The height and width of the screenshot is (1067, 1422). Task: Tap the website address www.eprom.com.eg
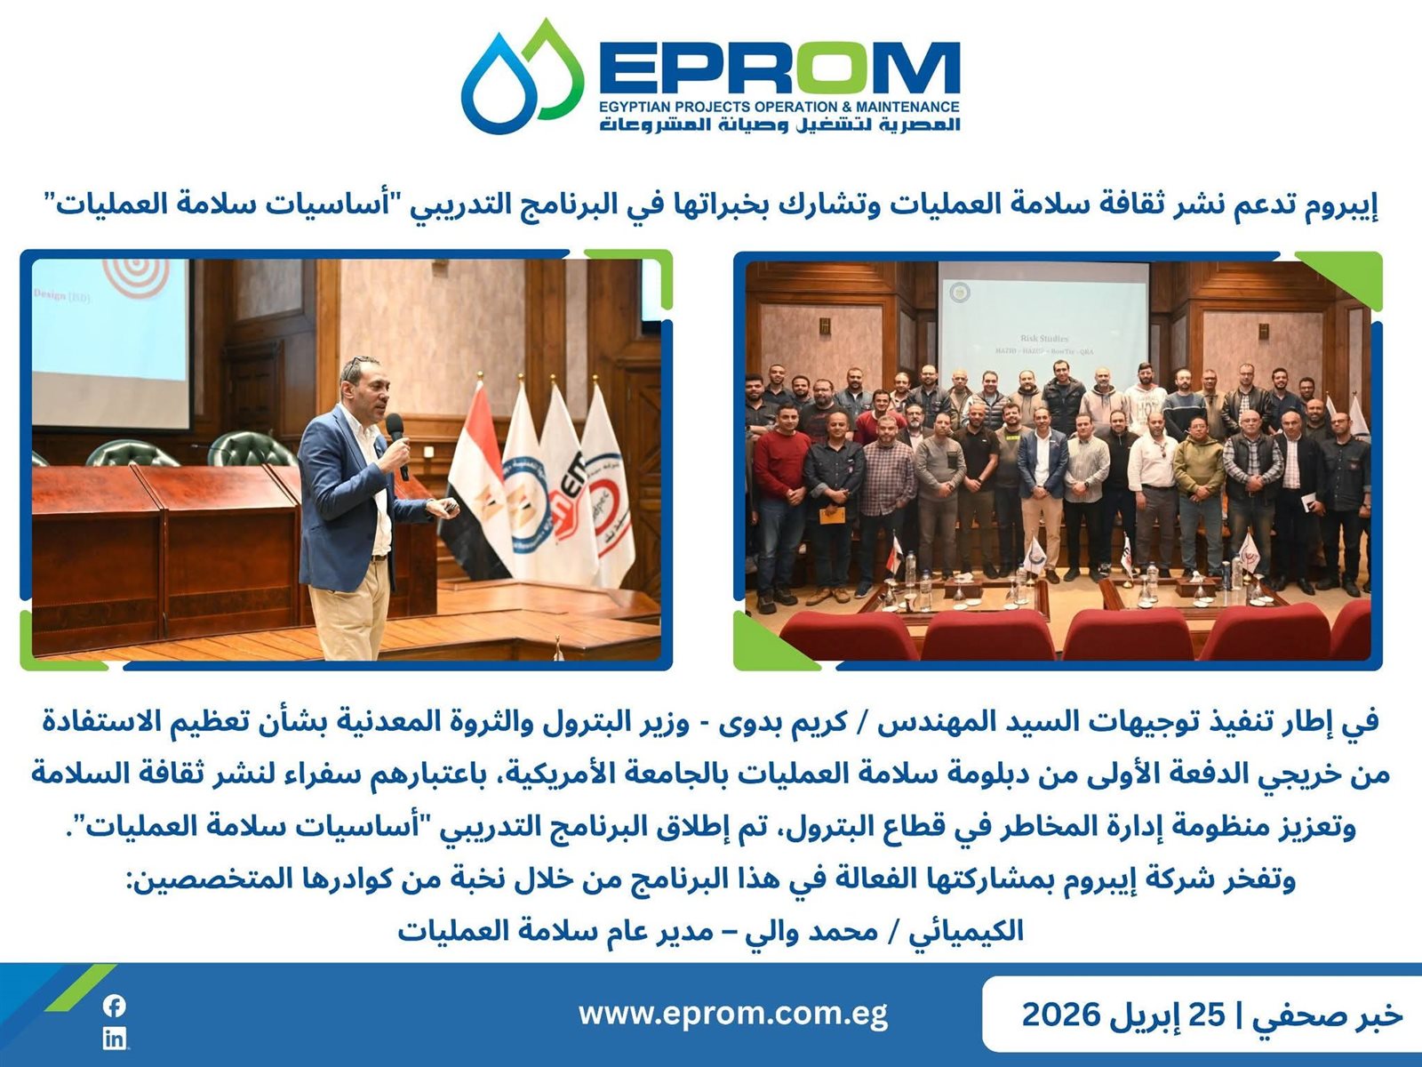[x=732, y=1014]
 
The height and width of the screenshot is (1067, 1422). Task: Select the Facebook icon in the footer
[x=115, y=1006]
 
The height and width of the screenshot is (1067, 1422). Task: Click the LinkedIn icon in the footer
[x=115, y=1039]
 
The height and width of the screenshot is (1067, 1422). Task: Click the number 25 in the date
[x=1207, y=1014]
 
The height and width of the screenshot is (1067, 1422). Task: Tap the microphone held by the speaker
[x=397, y=445]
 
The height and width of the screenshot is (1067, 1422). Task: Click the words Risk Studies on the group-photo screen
[x=1044, y=338]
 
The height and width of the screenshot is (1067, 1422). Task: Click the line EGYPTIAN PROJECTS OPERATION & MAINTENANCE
[x=779, y=106]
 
